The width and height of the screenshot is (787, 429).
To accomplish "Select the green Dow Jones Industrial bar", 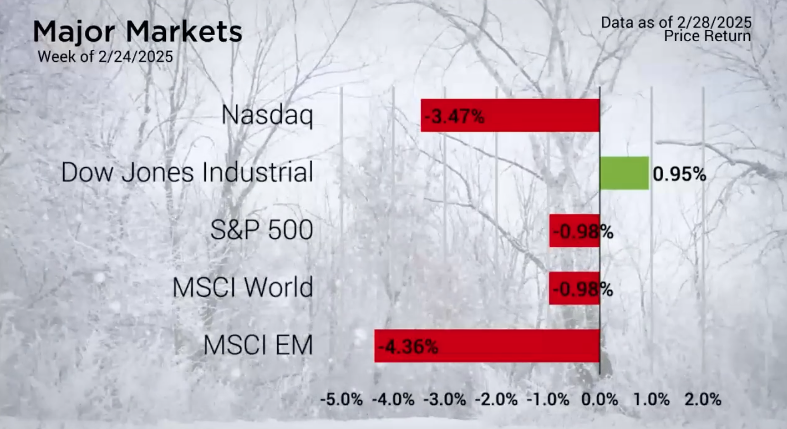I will point(624,173).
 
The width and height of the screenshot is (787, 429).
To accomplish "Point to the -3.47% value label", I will point(454,116).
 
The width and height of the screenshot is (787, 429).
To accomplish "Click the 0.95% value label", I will point(679,174).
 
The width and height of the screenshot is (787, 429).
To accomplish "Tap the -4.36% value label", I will point(408,347).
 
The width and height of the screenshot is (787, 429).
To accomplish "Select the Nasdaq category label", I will point(267,115).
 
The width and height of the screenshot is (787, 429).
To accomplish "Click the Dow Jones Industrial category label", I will point(187,173).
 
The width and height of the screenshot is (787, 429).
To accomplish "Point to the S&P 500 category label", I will point(261,230).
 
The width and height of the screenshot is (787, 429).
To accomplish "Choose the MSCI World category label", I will point(242,288).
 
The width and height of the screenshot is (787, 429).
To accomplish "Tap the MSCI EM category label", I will point(258,345).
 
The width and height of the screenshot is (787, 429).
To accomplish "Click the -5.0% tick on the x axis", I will point(342,400).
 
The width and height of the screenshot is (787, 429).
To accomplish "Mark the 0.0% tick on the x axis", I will point(600,400).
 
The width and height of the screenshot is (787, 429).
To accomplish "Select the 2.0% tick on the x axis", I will point(703,400).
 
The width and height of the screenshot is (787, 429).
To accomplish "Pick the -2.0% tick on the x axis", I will point(496,400).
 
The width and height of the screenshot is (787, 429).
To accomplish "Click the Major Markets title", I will point(138,32).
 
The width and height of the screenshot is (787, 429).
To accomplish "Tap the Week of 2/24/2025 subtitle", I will point(105,57).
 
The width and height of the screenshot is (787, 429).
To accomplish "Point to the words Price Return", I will point(707,36).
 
